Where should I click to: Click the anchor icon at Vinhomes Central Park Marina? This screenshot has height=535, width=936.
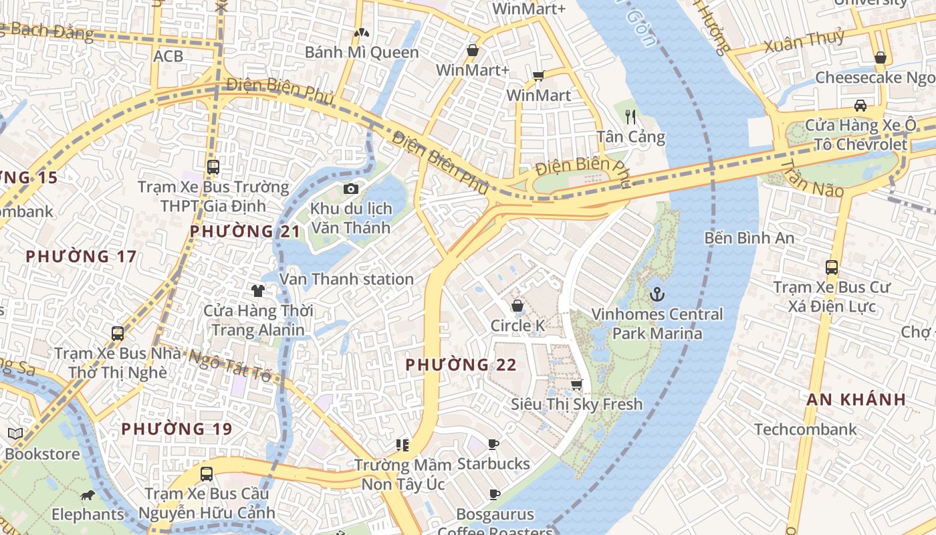click(x=658, y=294)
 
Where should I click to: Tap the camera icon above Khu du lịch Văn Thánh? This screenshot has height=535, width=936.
click(x=350, y=189)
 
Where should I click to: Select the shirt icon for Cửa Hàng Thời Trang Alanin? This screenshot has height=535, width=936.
click(x=258, y=290)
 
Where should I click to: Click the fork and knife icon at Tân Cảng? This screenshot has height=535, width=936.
click(x=630, y=117)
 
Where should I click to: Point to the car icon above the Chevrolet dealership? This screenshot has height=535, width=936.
click(x=860, y=105)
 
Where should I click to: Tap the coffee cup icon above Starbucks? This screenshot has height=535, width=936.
click(x=493, y=444)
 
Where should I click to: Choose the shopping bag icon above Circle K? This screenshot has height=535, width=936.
click(x=517, y=306)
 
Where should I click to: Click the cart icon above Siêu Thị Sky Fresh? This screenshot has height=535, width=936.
click(x=576, y=385)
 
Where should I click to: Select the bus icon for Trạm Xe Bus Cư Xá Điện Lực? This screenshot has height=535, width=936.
click(x=832, y=267)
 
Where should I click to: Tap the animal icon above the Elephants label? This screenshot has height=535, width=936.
click(x=88, y=496)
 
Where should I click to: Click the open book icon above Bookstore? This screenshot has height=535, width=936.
click(x=15, y=434)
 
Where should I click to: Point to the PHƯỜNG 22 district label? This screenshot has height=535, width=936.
click(x=461, y=365)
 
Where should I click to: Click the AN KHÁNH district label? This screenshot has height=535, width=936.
click(x=856, y=400)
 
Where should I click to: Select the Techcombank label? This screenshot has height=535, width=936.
click(x=805, y=429)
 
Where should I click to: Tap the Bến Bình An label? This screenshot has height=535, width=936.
click(x=749, y=238)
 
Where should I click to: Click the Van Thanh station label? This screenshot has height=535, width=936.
click(x=346, y=280)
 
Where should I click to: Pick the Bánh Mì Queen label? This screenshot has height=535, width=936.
click(x=362, y=52)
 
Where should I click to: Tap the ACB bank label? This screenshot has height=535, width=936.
click(x=168, y=56)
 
